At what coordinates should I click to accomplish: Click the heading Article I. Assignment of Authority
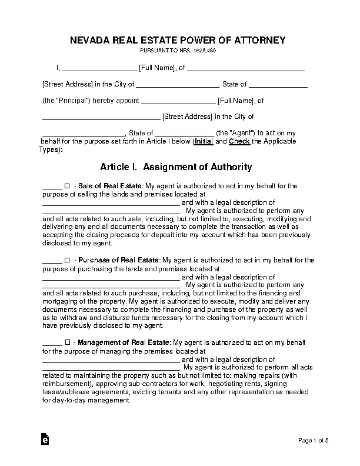(x=176, y=167)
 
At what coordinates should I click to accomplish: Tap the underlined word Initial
(x=204, y=142)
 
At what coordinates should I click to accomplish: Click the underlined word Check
(x=239, y=142)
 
